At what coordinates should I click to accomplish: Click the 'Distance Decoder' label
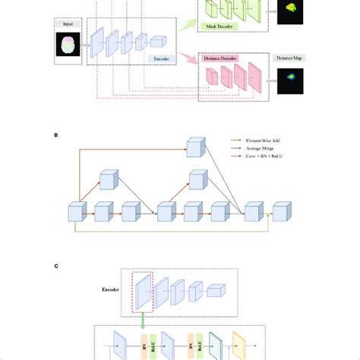click(x=221, y=58)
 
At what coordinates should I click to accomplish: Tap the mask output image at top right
click(x=290, y=10)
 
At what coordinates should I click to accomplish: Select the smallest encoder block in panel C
click(x=216, y=290)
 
